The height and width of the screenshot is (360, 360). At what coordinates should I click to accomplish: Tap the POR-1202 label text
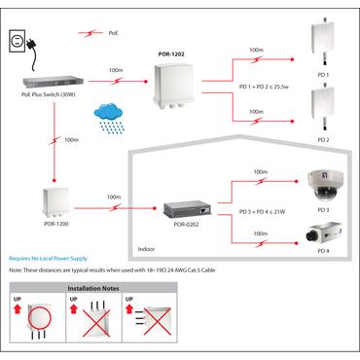(170, 55)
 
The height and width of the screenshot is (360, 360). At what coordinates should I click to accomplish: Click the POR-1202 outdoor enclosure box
(171, 87)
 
